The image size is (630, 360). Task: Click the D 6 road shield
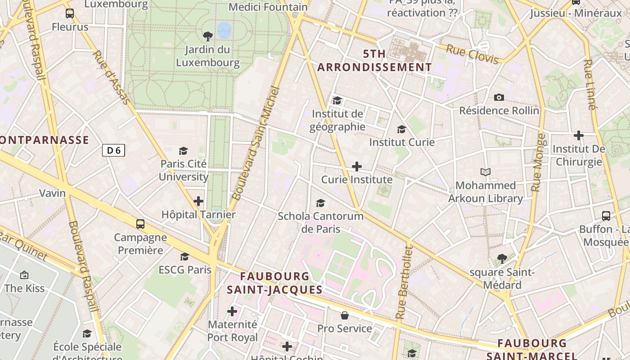pos(113,150)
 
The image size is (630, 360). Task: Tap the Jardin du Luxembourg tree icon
pos(208,36)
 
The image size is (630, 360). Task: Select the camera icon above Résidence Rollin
pos(499,98)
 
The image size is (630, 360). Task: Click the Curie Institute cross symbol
pos(356,167)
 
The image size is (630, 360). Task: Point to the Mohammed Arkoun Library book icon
pos(485,172)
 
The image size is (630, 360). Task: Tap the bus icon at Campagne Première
pos(140,224)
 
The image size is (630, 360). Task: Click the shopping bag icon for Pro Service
pos(345,315)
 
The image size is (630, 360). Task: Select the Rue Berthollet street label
pos(403,282)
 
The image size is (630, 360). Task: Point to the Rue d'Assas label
pos(111,77)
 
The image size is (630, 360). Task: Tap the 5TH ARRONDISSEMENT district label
pos(374,61)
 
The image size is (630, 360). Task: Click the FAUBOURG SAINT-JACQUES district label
pos(274,283)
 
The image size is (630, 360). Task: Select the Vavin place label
pos(52,193)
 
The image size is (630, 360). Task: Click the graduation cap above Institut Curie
pos(401,130)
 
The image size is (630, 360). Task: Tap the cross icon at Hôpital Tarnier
pos(198,201)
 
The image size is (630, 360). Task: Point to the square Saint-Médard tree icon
pos(502,259)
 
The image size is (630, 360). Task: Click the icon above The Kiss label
pos(24,275)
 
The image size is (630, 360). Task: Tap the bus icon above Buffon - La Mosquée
pos(606,216)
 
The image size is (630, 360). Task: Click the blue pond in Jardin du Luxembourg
pos(224,31)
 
